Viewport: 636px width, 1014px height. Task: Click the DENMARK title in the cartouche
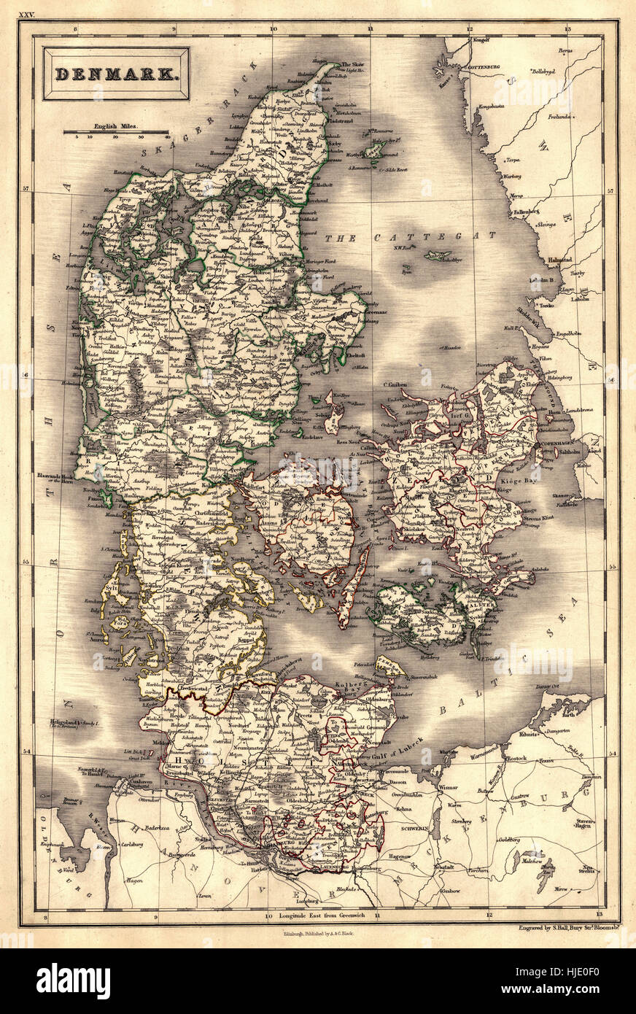pyautogui.click(x=116, y=73)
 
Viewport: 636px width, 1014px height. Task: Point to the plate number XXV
pyautogui.click(x=26, y=14)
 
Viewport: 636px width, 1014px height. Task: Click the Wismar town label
pyautogui.click(x=448, y=788)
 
